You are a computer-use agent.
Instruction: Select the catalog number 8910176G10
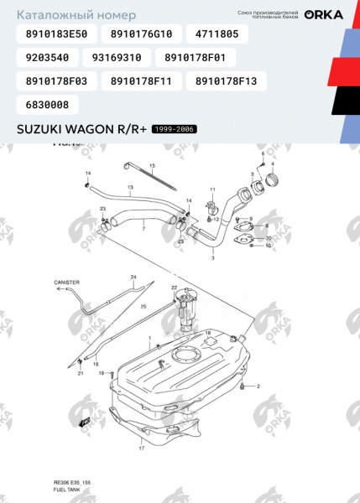[140, 34]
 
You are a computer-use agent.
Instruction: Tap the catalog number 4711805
[217, 34]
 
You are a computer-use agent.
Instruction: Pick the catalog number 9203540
[47, 58]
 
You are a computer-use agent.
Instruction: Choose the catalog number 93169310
[121, 58]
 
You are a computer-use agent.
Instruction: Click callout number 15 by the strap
[153, 167]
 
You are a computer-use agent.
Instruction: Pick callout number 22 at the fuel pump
[174, 288]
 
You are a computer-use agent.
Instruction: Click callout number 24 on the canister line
[133, 277]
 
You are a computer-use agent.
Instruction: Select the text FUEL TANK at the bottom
[66, 490]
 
